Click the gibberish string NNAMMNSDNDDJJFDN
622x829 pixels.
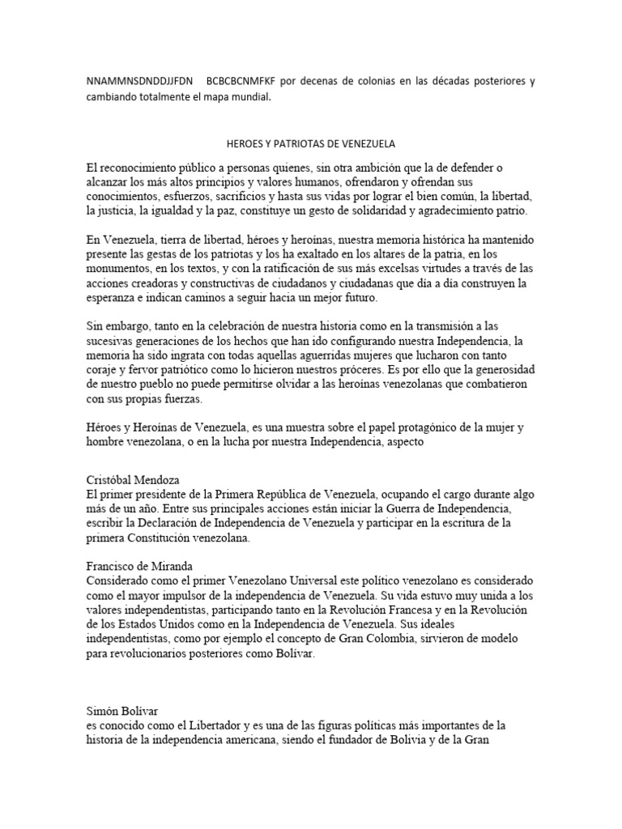139,82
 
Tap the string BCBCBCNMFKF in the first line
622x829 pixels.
241,82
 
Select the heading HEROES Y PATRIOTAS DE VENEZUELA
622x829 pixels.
310,143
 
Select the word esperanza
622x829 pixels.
111,298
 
